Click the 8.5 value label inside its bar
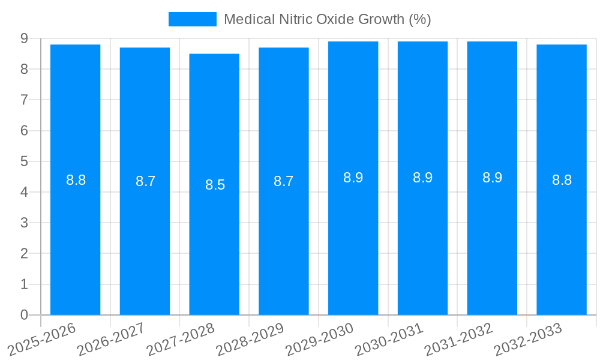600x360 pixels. (x=215, y=185)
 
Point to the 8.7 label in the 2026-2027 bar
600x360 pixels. (x=145, y=181)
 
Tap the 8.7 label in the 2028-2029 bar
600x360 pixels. (x=283, y=181)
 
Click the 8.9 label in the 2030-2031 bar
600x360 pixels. (x=422, y=178)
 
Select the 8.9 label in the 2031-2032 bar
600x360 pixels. (x=492, y=178)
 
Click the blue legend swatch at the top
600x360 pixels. (x=192, y=19)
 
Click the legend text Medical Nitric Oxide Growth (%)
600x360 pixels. (x=327, y=19)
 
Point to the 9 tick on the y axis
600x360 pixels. (x=24, y=38)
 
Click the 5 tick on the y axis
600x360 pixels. (x=24, y=161)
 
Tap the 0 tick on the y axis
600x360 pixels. (x=24, y=315)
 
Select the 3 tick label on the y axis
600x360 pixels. (x=24, y=223)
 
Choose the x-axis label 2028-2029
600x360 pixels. (x=251, y=340)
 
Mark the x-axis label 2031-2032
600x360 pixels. (x=460, y=340)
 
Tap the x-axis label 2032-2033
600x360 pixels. (x=529, y=340)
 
